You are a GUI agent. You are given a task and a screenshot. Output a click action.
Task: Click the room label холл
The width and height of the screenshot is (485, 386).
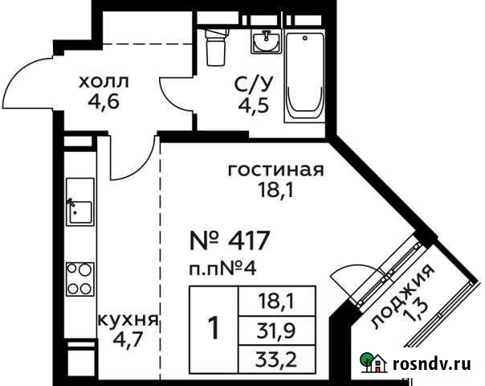[x=103, y=81]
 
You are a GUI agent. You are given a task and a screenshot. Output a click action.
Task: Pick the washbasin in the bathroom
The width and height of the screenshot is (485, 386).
[x=266, y=42]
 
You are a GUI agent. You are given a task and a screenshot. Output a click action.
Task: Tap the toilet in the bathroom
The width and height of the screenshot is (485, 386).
[x=214, y=47]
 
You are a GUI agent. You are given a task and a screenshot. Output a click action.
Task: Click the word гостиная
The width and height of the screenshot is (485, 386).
[x=275, y=170]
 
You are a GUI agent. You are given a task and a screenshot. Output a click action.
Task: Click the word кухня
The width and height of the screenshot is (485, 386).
[x=127, y=319]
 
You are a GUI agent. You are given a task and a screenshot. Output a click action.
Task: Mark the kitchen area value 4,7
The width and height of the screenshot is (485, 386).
[x=127, y=339]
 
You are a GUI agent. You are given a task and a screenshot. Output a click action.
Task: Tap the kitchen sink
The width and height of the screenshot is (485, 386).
[x=79, y=210]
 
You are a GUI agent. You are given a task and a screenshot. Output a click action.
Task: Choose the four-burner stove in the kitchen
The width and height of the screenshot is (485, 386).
[x=79, y=278]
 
